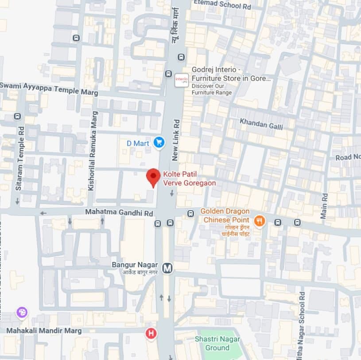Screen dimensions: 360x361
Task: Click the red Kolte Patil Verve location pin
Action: click(x=153, y=177)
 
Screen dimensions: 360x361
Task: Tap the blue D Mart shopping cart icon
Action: click(x=159, y=142)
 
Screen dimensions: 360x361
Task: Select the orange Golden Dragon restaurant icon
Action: click(x=260, y=220)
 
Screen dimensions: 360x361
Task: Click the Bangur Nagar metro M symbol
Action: click(x=167, y=268)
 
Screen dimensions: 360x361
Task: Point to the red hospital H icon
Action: click(x=151, y=333)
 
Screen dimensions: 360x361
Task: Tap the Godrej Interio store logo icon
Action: click(x=182, y=80)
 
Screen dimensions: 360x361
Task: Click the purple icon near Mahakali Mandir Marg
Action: click(x=22, y=313)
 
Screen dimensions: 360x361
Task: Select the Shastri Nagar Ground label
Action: click(x=217, y=344)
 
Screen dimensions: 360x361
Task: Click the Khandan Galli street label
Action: click(x=261, y=123)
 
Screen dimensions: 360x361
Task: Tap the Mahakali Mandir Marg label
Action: click(x=44, y=331)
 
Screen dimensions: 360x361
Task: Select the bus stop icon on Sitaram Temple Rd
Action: click(x=17, y=116)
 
